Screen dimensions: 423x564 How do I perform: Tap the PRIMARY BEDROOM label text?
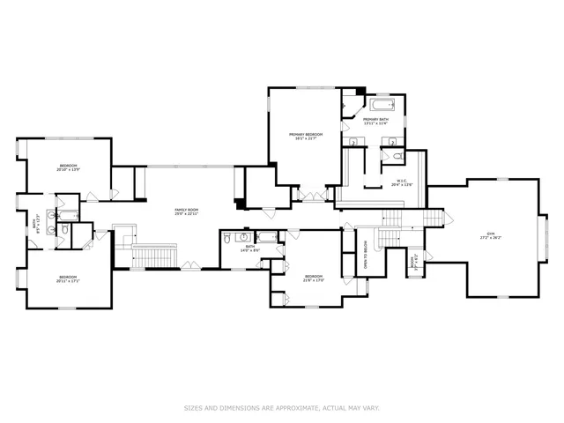(x=306, y=134)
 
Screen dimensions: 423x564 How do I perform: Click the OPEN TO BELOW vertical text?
(x=366, y=255)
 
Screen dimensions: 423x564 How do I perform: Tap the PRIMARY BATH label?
(x=376, y=119)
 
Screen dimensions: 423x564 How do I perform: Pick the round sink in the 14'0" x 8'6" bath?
(x=242, y=237)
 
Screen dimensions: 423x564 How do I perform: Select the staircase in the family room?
(x=155, y=256)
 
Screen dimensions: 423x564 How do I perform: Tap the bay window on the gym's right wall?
(x=541, y=236)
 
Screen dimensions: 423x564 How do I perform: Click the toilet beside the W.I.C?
(x=397, y=157)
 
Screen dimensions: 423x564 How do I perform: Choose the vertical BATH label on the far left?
(x=35, y=226)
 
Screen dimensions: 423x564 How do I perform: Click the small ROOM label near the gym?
(x=412, y=262)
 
